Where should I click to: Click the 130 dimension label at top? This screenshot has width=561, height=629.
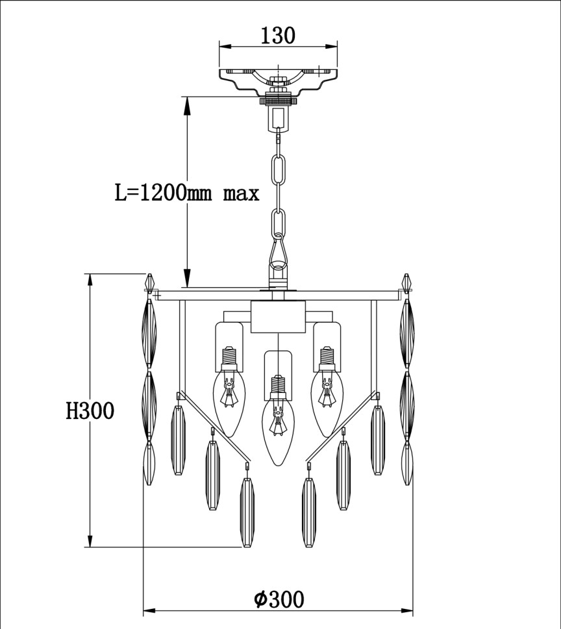(278, 35)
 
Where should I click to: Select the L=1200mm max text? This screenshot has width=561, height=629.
(187, 193)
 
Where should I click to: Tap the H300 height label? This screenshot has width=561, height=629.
(90, 410)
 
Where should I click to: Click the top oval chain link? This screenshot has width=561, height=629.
(279, 171)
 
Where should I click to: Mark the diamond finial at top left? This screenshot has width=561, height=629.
(150, 283)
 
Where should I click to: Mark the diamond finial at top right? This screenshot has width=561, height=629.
(407, 283)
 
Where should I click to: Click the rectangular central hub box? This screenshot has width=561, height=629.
(278, 316)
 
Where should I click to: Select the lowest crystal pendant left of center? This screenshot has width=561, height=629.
(247, 512)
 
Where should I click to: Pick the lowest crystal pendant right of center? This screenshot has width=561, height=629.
(310, 512)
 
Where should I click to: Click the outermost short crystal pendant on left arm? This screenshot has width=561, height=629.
(178, 441)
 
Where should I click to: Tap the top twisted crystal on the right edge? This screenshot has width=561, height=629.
(407, 334)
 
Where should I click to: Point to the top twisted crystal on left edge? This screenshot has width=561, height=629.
(149, 334)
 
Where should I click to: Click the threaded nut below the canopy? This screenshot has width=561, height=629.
(279, 101)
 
